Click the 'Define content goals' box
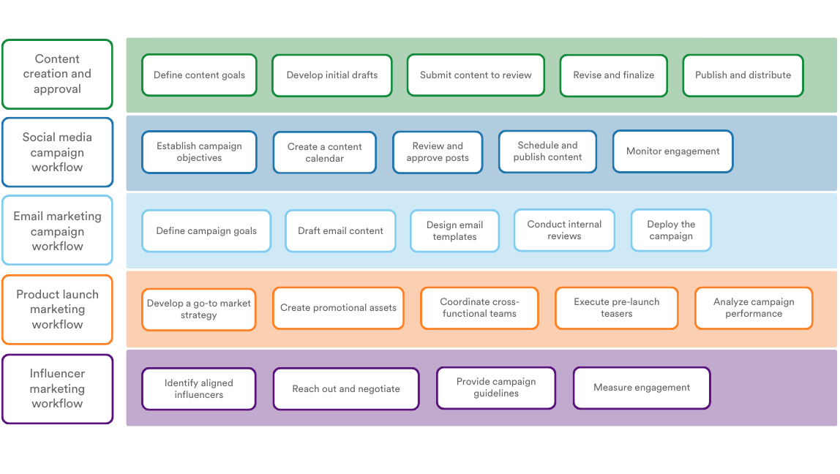(199, 75)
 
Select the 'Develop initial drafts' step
(332, 75)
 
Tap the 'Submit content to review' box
(476, 75)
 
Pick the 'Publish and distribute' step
(743, 75)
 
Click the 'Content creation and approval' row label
(57, 74)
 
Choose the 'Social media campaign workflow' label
(57, 152)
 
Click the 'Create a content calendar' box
(324, 152)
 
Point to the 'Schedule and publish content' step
(547, 151)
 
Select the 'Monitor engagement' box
(672, 151)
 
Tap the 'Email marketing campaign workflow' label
(57, 230)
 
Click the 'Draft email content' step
(340, 231)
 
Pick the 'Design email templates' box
(454, 231)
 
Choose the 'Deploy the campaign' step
(671, 230)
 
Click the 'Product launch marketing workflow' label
(57, 309)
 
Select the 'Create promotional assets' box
(338, 308)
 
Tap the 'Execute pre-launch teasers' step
(616, 308)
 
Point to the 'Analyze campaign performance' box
(753, 308)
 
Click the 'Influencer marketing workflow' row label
(57, 388)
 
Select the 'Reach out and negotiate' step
(346, 388)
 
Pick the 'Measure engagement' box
(642, 388)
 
